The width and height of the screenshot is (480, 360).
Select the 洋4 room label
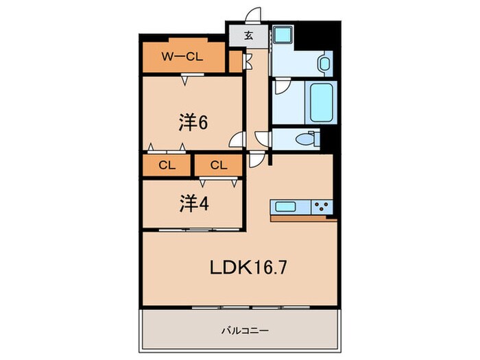coord(193,204)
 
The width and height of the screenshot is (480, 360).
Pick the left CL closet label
coord(167,165)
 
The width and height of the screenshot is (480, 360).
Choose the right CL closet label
coord(218,165)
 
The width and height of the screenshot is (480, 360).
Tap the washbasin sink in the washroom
coord(325,64)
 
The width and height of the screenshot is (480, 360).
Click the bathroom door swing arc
coord(280,88)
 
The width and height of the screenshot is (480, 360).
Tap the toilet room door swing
coord(263,139)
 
